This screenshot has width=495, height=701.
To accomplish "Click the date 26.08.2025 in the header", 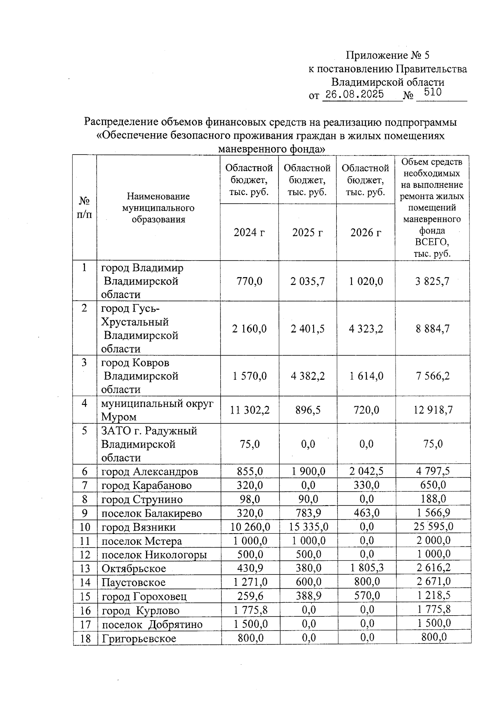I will coord(354,94).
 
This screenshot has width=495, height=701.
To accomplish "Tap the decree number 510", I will coord(432,92).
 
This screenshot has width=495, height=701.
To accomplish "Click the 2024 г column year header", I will coord(249,233).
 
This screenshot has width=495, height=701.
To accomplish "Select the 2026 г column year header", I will coord(365,233).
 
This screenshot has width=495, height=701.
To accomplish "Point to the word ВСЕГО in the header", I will coord(432,242).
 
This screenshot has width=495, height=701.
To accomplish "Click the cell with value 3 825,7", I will coord(432,281).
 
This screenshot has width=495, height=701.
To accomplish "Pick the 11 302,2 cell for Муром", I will coord(250,410).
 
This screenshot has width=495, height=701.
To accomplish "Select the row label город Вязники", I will coord(139,527).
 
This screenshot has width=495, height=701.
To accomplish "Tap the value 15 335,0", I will coord(308,527).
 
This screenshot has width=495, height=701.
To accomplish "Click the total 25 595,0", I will coord(433,526).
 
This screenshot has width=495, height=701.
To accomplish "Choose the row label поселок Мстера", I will coord(141,541).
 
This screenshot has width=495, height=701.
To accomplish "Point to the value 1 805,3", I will coord(367,568).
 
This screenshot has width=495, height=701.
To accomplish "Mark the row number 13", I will coord(85,569).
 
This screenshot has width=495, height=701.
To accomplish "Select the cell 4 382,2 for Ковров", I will coord(308,376).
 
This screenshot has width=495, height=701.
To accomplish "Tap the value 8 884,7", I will coord(432,329).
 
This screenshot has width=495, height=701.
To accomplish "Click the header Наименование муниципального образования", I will coord(158,208).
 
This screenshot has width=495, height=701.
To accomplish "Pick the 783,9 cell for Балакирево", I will coord(308,513).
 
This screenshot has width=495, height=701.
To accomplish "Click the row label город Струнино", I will coord(142,499).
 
